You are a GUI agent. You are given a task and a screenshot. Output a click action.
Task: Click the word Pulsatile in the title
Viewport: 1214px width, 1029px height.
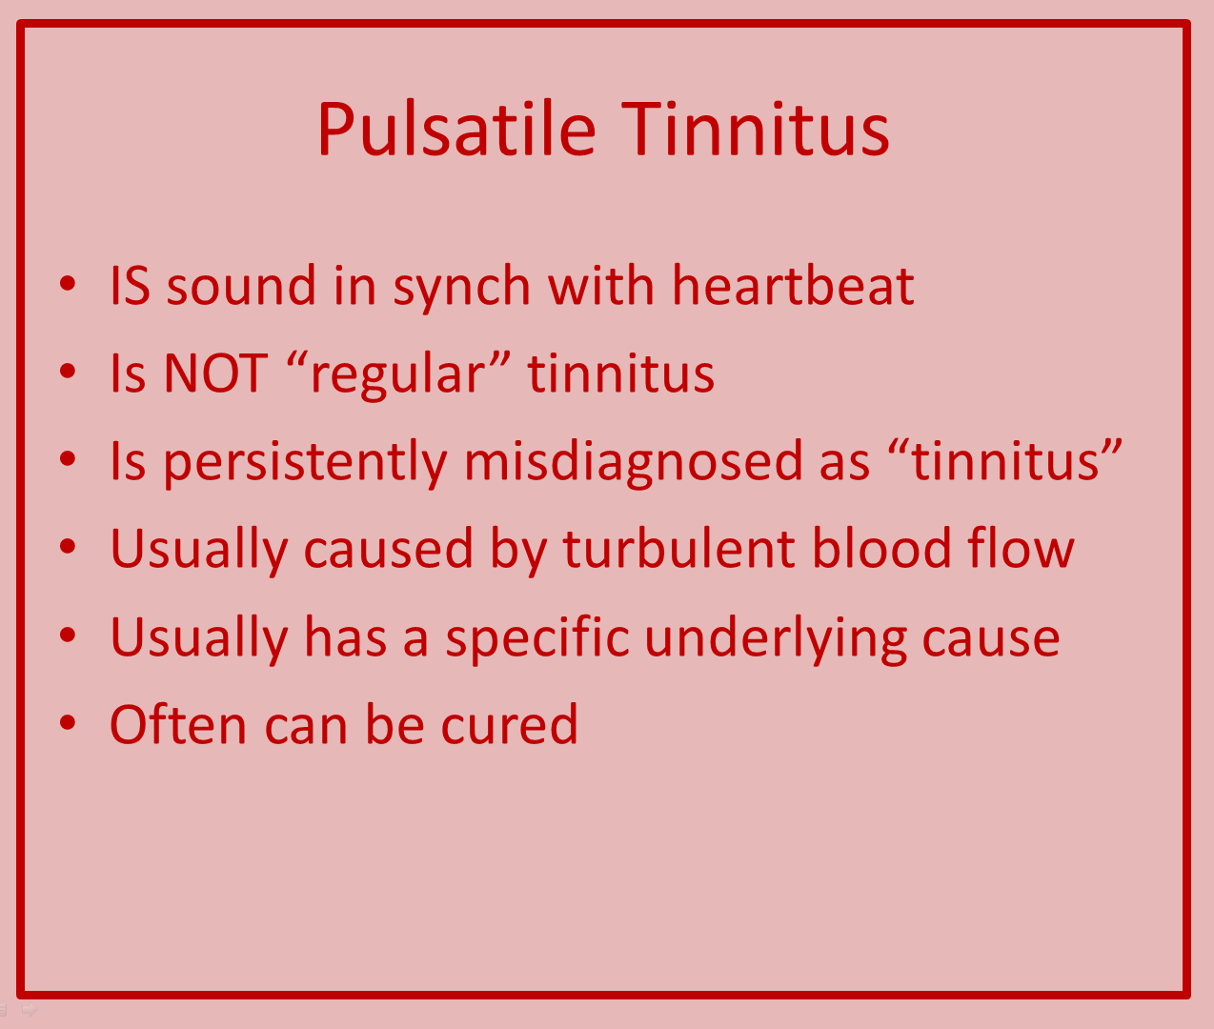pos(456,129)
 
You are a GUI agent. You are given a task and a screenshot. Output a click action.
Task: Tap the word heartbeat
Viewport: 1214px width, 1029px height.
pos(793,286)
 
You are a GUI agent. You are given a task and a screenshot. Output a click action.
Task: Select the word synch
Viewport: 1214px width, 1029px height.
pos(461,289)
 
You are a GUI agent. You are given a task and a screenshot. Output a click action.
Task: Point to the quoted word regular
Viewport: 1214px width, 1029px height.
pos(397,375)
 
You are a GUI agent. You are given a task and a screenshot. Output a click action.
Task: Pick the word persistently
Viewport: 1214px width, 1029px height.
pos(306,462)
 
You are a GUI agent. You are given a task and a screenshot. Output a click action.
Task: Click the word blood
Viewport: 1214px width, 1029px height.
pos(881,548)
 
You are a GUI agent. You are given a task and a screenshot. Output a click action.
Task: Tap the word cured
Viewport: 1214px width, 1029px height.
pos(510,725)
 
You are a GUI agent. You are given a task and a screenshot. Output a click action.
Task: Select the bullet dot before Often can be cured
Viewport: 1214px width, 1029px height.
pos(68,722)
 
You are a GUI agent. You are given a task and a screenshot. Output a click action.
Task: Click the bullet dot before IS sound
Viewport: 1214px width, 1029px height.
pos(68,283)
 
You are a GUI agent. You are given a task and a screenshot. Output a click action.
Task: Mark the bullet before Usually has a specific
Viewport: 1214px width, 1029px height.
pos(68,635)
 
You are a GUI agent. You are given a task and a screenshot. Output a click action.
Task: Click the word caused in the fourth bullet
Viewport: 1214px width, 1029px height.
pos(388,548)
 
